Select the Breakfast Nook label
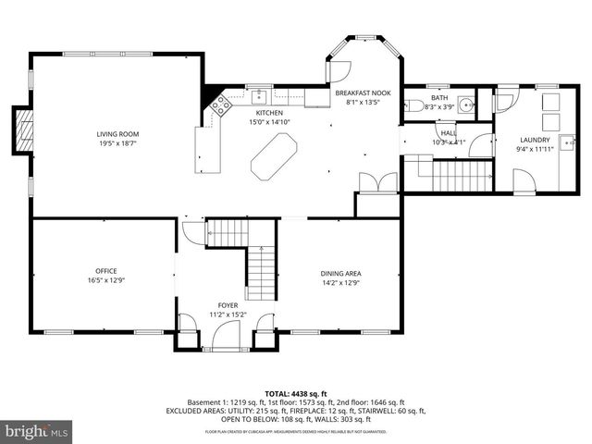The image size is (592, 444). click(x=362, y=93)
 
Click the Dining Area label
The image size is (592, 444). click(x=340, y=274)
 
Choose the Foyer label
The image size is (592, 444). click(x=228, y=305)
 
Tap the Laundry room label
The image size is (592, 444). click(x=535, y=140)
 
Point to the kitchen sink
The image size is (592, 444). click(x=261, y=95)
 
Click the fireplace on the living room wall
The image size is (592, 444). click(x=22, y=130)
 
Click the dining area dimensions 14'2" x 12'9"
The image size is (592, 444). click(x=340, y=283)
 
